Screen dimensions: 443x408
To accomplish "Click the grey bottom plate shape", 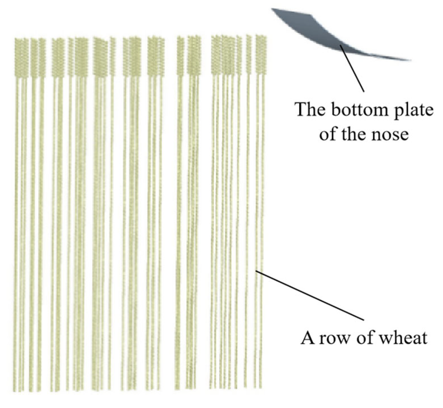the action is (x=323, y=33).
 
